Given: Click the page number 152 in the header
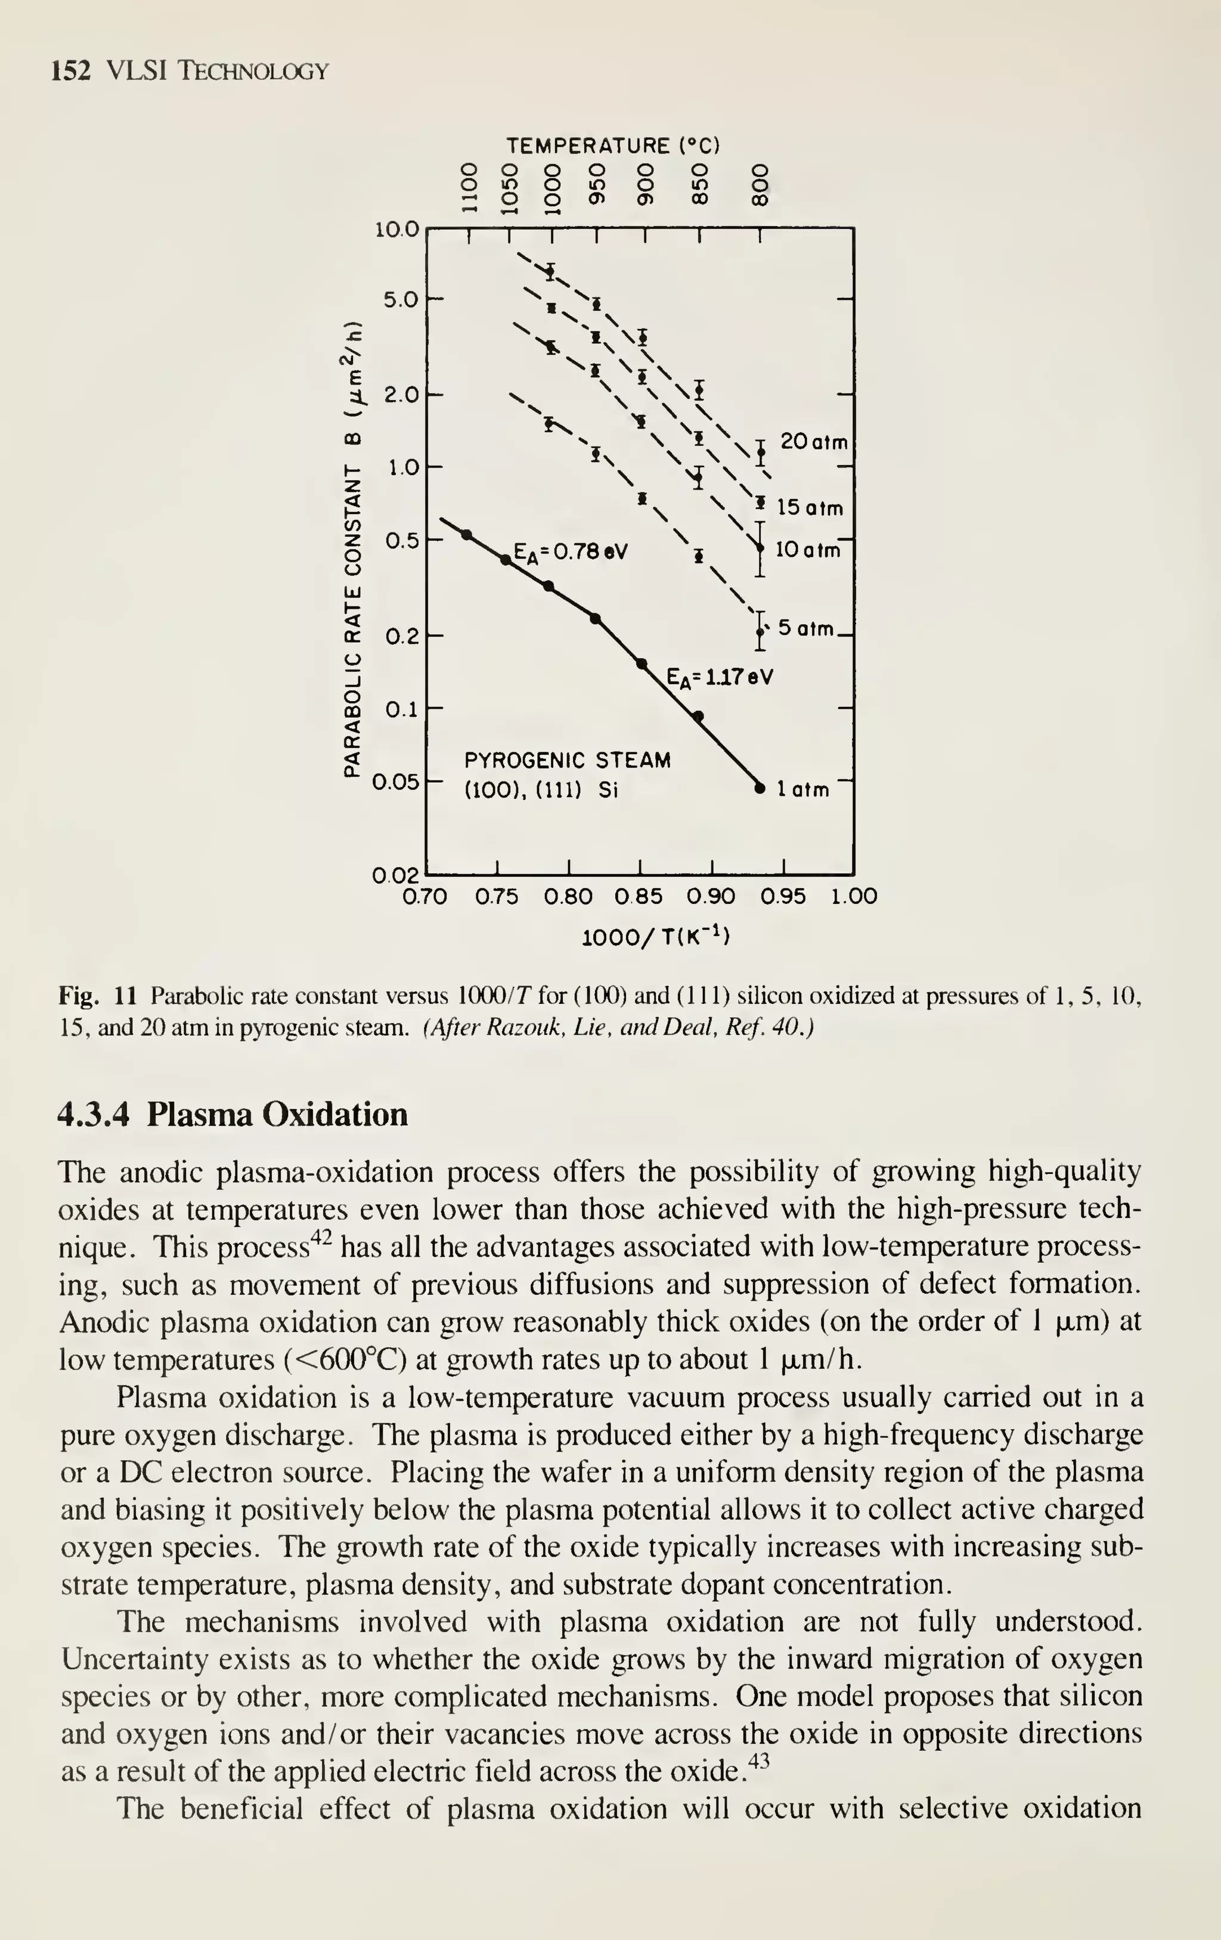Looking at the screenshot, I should point(69,71).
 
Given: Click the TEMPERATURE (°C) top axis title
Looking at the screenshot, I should point(612,146).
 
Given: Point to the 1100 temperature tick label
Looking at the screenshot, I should point(466,188).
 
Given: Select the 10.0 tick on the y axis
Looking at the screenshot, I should point(397,230).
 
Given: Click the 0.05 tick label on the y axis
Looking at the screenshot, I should point(395,782).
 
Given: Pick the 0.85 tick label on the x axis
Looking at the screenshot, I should point(639,897).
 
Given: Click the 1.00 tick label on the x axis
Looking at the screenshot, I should point(854,897).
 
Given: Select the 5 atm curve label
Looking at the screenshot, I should point(806,628).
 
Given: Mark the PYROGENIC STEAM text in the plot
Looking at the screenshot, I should point(567,760).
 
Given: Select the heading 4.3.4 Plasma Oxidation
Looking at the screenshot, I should point(233,1114).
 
